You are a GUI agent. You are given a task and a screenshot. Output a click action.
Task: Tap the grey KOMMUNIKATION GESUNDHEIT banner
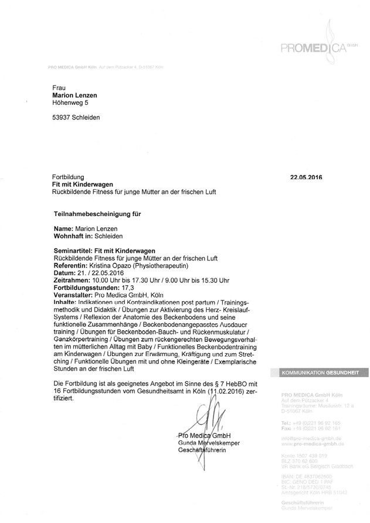point(320,372)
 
